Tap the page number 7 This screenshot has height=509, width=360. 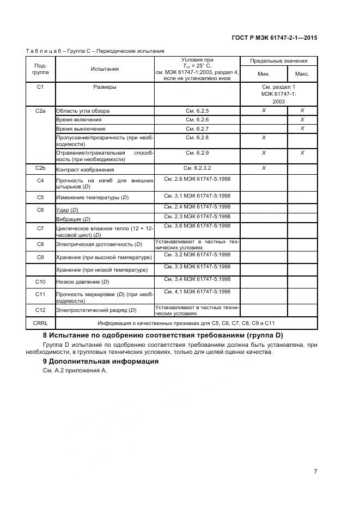[x=315, y=471]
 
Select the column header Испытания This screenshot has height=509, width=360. [x=105, y=69]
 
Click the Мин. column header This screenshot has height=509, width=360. [x=264, y=74]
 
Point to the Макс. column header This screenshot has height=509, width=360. [x=302, y=74]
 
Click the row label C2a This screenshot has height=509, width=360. [x=40, y=111]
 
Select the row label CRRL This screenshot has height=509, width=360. [x=40, y=323]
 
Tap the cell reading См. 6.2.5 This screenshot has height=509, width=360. [x=197, y=111]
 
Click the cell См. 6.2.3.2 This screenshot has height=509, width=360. [x=197, y=168]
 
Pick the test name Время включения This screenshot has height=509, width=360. [x=79, y=120]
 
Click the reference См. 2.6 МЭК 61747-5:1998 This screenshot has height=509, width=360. [x=197, y=179]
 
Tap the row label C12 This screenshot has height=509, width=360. [x=40, y=310]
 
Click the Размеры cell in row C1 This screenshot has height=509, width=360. [x=105, y=87]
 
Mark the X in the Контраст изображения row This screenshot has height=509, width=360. [x=264, y=168]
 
